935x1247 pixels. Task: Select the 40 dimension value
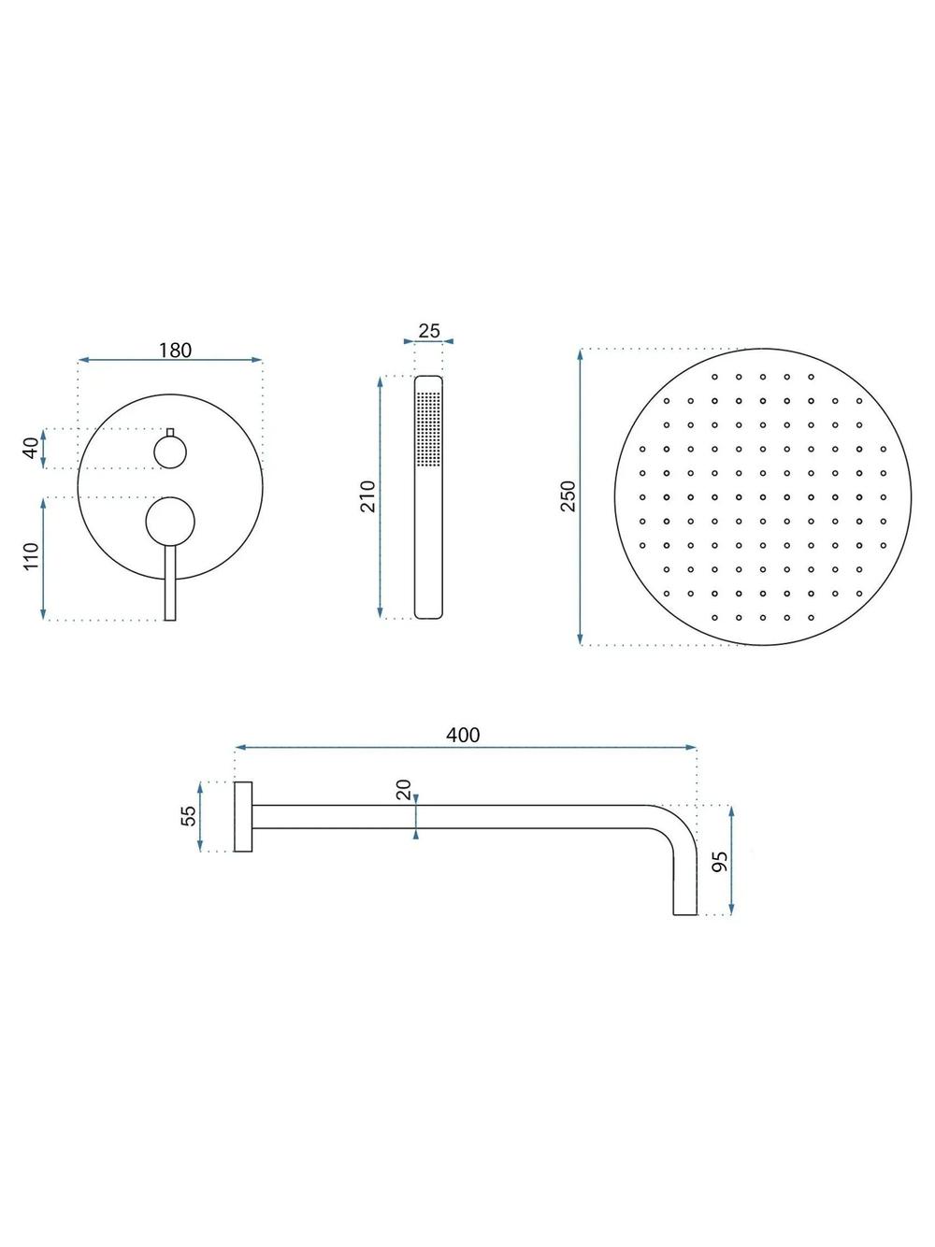(32, 448)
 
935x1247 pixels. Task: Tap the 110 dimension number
(32, 557)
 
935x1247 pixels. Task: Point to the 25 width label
(429, 331)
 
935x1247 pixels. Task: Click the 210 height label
(367, 495)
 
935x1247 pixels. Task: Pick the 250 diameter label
(568, 495)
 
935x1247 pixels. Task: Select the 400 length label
(463, 735)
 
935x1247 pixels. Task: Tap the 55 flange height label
(189, 816)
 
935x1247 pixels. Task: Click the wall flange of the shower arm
(242, 817)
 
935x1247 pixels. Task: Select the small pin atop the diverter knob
(170, 432)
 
